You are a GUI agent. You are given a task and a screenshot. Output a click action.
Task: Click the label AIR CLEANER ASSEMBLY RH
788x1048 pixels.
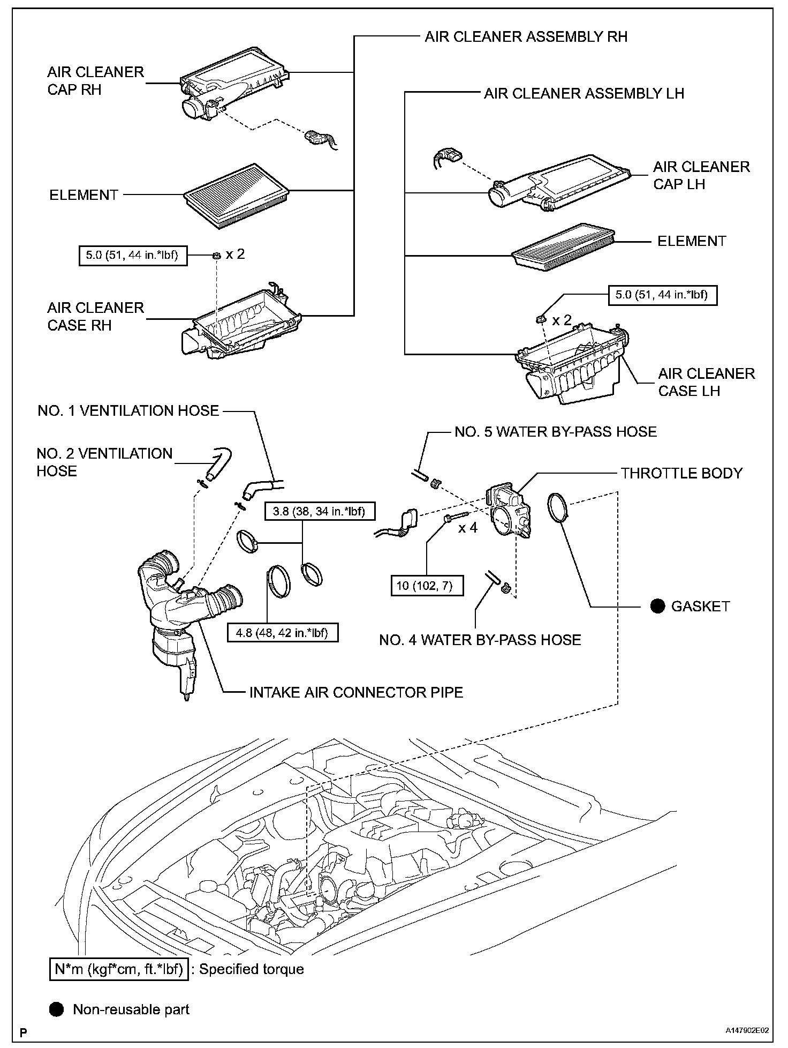click(x=526, y=37)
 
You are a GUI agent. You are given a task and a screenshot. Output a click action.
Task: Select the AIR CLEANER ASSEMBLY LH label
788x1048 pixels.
click(x=584, y=94)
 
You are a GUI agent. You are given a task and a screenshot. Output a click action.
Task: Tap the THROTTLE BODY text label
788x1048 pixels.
click(x=681, y=473)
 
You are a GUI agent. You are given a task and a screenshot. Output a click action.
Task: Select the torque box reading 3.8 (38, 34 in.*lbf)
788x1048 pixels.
click(x=319, y=511)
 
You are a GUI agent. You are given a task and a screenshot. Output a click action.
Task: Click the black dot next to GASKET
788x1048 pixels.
click(x=657, y=606)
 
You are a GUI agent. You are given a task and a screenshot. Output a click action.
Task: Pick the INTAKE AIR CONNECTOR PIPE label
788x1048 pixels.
click(x=356, y=692)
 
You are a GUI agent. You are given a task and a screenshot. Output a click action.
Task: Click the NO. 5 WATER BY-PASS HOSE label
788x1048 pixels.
click(x=555, y=432)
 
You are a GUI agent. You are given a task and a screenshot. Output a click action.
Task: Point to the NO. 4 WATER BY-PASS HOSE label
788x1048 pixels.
click(x=480, y=640)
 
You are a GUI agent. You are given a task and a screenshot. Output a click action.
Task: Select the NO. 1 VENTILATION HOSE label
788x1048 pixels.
click(x=128, y=411)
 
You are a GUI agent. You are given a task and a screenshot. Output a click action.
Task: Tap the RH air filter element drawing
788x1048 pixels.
click(x=236, y=195)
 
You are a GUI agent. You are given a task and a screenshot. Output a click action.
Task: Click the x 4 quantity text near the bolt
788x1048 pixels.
click(x=467, y=528)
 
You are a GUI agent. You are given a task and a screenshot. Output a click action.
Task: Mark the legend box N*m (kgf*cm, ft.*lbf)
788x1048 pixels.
click(x=119, y=969)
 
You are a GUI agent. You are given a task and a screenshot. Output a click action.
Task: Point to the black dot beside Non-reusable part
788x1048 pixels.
click(x=56, y=1009)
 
